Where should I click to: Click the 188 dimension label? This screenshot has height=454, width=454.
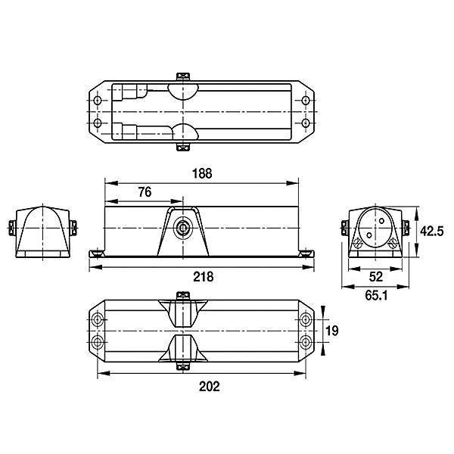point(202,173)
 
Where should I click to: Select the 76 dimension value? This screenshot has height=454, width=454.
point(145,192)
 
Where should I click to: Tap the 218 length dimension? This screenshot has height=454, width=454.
point(204,277)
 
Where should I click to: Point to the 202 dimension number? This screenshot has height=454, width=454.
point(210,386)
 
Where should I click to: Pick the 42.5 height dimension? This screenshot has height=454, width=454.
point(432,232)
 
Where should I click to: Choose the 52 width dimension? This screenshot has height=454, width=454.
point(376,277)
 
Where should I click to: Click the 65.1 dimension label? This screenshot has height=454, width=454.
point(376,296)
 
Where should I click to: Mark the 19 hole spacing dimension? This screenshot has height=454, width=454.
point(332,331)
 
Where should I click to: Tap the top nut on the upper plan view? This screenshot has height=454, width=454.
point(184,76)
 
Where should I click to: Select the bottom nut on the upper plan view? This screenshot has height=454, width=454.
point(184,147)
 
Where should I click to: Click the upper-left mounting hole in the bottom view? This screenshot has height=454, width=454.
point(98,319)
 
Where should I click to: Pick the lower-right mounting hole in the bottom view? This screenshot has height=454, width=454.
point(305,342)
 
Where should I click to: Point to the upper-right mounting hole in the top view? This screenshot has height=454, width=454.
point(305,101)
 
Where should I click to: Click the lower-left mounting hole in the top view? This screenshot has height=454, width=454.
point(98,123)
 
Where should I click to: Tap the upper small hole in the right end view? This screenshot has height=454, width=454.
point(381,222)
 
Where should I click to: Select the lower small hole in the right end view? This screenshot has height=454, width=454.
point(369,235)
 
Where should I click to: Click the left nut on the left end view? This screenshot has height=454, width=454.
point(11,229)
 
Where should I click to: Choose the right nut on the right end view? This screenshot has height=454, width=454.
point(406,229)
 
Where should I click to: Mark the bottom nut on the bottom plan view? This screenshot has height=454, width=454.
point(184,366)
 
